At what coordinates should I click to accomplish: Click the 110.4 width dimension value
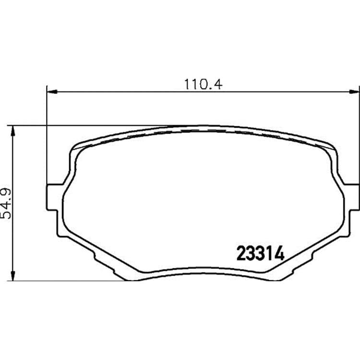(x=203, y=84)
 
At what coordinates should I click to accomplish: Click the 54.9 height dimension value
(x=6, y=204)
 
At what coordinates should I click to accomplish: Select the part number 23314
(x=260, y=253)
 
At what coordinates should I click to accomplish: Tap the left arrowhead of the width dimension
(x=51, y=92)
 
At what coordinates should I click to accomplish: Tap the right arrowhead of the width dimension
(x=354, y=92)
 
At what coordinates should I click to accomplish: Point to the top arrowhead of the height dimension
(x=13, y=131)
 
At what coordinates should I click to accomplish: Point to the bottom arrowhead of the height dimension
(x=13, y=276)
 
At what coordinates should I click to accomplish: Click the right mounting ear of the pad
(x=351, y=197)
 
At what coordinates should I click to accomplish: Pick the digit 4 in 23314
(x=279, y=253)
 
